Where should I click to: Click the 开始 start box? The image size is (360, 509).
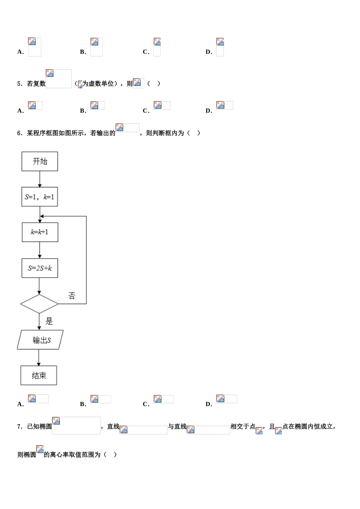40,161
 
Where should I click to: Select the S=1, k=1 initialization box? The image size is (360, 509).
39,197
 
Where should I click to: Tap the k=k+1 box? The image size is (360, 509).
40,232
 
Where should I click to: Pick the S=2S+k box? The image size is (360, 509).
40,268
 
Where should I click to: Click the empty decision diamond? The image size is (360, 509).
39,304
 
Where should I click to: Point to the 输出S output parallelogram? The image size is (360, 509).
40,340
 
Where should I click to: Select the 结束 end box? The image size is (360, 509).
39,375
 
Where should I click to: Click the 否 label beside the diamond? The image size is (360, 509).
72,296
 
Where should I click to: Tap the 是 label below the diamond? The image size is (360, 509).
49,321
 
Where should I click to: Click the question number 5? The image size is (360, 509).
20,84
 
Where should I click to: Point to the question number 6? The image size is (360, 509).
20,133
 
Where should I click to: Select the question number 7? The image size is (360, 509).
20,426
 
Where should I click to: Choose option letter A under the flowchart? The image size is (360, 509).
20,404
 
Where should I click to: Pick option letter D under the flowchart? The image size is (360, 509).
208,404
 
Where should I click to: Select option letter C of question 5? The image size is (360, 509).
146,111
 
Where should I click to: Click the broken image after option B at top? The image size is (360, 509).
96,47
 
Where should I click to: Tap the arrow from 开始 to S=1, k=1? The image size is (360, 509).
40,179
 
